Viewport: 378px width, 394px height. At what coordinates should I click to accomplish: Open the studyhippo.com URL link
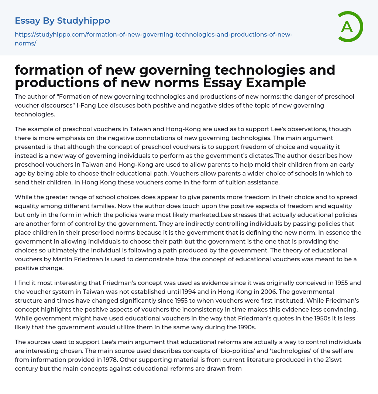[x=153, y=39]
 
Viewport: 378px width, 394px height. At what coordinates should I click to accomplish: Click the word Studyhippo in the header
[x=83, y=21]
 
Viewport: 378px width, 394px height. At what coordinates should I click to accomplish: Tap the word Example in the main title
[x=276, y=83]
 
